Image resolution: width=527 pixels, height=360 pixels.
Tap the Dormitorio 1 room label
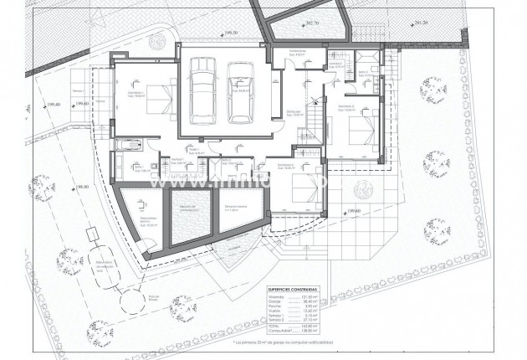click(x=136, y=95)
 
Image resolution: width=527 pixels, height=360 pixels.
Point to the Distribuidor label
click(x=294, y=110)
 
